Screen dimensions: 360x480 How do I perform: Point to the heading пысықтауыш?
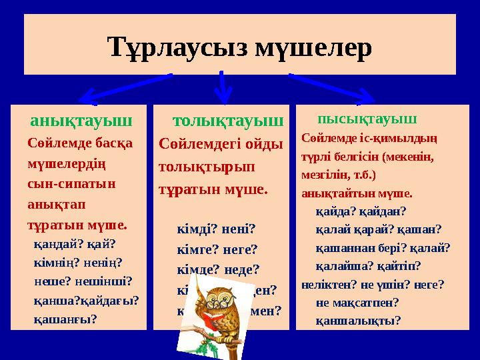(x=367, y=120)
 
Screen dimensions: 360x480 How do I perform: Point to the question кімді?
(x=195, y=230)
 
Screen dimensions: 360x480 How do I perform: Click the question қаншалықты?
(x=358, y=320)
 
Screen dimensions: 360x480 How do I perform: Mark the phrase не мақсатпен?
(x=357, y=302)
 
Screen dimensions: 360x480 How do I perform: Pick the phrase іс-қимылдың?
(x=405, y=140)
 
